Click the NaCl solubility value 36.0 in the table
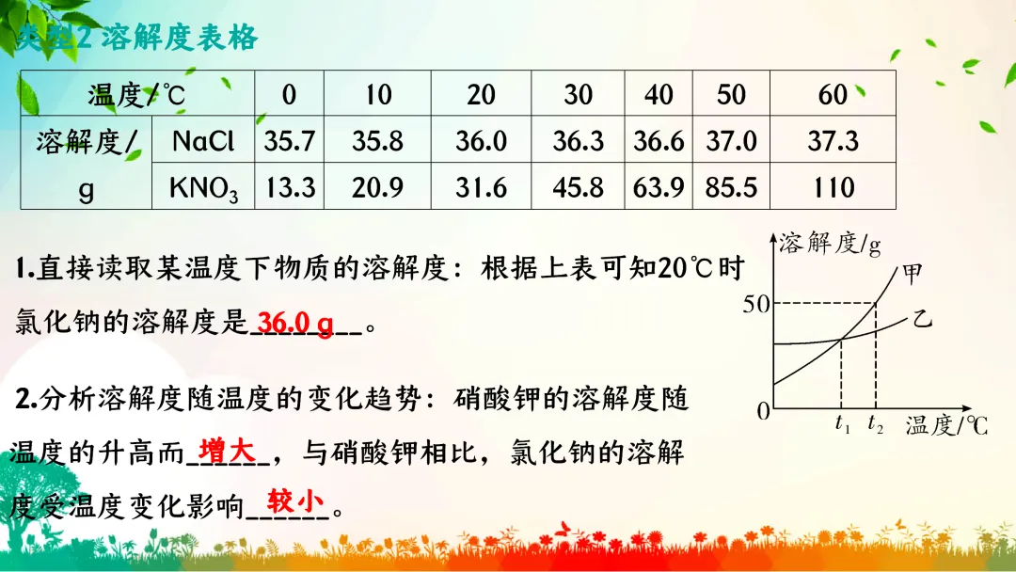click(x=481, y=142)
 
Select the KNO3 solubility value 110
click(x=833, y=188)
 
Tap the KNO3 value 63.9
click(x=659, y=188)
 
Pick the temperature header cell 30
click(x=579, y=95)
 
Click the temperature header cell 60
click(x=833, y=95)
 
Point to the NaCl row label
click(x=203, y=142)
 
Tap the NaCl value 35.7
click(x=290, y=142)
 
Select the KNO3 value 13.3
click(x=290, y=188)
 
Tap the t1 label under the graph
click(x=843, y=424)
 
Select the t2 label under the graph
click(x=876, y=424)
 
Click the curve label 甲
click(x=913, y=274)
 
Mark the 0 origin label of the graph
click(x=764, y=410)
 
